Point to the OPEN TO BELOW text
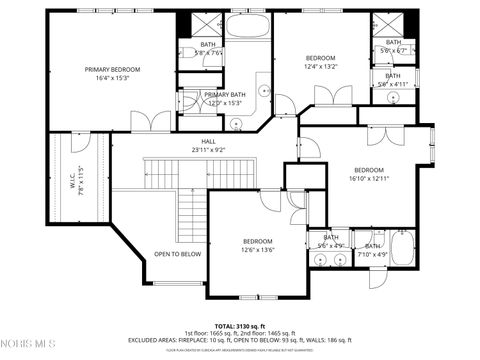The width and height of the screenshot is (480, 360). point(177,254)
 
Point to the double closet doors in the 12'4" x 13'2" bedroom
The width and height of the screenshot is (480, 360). point(333,98)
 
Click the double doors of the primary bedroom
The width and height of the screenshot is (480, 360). point(150,123)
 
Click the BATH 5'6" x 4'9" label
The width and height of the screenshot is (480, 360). point(330,241)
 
